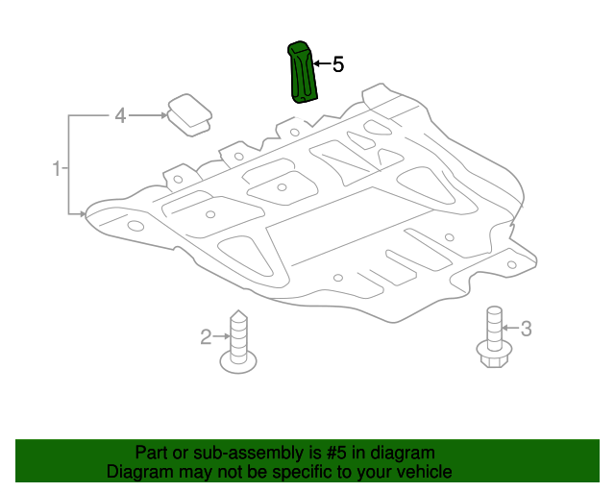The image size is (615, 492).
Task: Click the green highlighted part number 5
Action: tap(302, 73)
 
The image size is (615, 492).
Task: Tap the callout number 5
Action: tap(338, 64)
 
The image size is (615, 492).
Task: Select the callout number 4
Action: tap(120, 115)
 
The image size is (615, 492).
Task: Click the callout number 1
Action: tap(57, 168)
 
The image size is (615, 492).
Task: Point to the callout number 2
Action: tap(206, 337)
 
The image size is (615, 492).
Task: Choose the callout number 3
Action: tap(526, 329)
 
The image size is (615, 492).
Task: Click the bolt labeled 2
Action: tap(238, 341)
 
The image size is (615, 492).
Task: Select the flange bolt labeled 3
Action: tap(494, 336)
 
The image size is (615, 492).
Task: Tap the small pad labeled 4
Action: tap(190, 115)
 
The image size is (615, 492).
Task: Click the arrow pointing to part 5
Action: tap(323, 63)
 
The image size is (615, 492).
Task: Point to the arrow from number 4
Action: tap(148, 115)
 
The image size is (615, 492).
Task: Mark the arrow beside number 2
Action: tap(222, 336)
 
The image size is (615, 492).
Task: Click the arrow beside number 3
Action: tap(510, 328)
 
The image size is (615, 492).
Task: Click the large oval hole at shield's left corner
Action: tap(135, 226)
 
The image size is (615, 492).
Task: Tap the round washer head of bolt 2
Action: tap(238, 361)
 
